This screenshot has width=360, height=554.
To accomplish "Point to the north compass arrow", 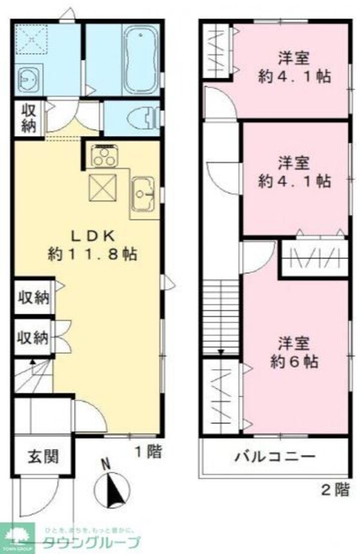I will coord(112,487).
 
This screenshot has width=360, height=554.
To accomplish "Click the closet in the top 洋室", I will coord(216,51).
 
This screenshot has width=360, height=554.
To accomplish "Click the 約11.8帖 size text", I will coord(93,254).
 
